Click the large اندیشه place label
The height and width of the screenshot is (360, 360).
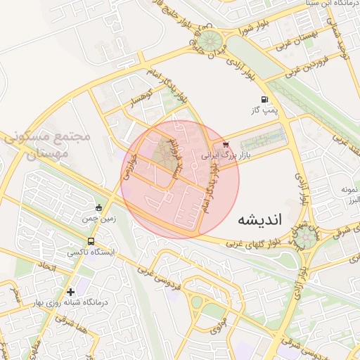tap(259, 219)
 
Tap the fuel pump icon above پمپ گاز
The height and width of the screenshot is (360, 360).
tap(264, 100)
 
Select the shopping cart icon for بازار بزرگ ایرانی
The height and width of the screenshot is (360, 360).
tap(225, 146)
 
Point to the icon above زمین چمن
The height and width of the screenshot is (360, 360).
tap(98, 207)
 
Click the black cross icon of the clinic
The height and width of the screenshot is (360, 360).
tap(70, 291)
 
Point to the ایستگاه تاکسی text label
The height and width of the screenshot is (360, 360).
tap(91, 251)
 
